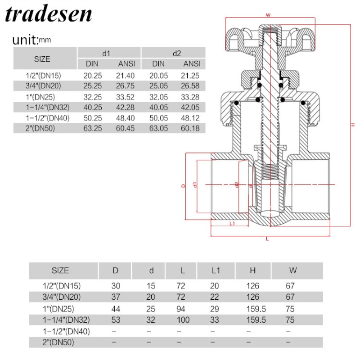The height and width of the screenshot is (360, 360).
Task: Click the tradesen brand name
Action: tap(49, 14)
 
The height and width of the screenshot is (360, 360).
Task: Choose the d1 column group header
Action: tap(106, 53)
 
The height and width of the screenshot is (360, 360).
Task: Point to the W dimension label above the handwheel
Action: tap(268, 15)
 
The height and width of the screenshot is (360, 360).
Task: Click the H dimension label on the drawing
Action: tap(353, 124)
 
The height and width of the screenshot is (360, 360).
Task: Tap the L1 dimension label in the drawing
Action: tap(232, 223)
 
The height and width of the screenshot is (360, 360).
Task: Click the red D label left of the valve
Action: tap(183, 186)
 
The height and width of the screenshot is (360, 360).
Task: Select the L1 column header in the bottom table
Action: tap(216, 270)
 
